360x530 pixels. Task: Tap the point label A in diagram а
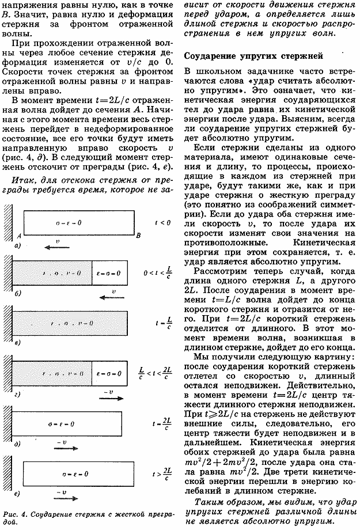pos(19,235)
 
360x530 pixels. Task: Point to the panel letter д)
pos(17,444)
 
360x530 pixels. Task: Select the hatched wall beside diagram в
pos(7,320)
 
